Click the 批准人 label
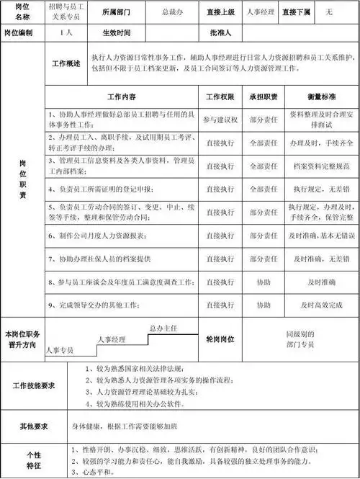click(220, 32)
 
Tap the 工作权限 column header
click(220, 97)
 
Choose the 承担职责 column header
click(264, 97)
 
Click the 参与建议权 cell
click(220, 118)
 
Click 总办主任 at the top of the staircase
click(163, 328)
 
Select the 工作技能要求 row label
click(33, 386)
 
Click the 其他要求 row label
click(33, 426)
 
